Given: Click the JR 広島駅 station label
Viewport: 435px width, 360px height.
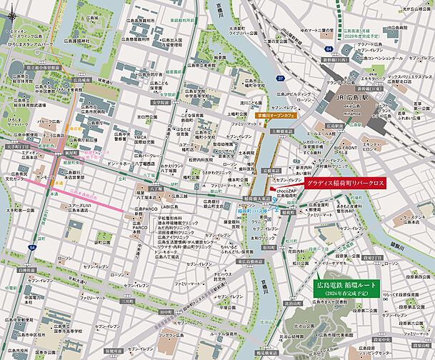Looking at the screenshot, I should (x=348, y=97).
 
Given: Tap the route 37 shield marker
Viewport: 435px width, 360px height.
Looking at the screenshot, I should (x=281, y=77).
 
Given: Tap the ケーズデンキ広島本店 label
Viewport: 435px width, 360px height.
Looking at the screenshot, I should (x=414, y=218).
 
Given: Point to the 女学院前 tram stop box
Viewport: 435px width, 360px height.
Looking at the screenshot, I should (x=161, y=102).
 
